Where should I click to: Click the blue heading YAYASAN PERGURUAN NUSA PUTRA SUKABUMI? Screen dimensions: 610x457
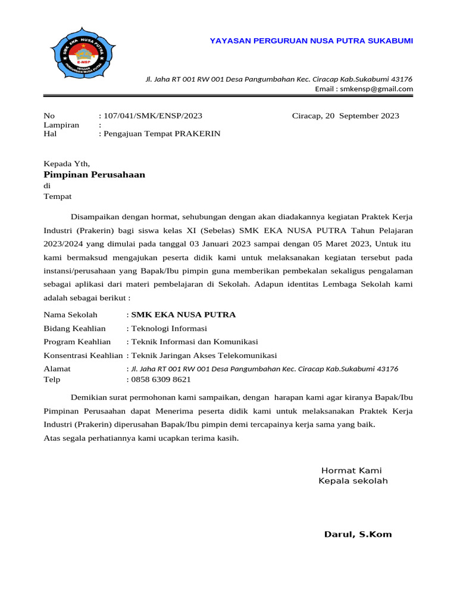(311, 41)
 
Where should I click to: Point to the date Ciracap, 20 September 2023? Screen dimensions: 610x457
(345, 116)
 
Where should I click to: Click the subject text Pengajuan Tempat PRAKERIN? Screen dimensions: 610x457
(161, 133)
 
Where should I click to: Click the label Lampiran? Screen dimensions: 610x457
(61, 125)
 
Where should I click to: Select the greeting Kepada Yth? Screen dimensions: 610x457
(67, 163)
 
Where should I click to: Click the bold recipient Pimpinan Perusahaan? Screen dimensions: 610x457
(94, 175)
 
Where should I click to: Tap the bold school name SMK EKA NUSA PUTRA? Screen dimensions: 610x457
(183, 315)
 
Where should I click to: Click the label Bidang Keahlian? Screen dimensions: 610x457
(74, 328)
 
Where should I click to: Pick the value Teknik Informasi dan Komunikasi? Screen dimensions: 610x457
(195, 341)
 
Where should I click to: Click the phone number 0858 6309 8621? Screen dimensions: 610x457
(161, 379)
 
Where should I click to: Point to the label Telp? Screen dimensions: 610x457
(52, 379)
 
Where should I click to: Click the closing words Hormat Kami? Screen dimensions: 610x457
(351, 470)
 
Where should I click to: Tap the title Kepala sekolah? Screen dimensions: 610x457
(353, 481)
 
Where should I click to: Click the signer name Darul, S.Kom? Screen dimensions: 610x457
(358, 534)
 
